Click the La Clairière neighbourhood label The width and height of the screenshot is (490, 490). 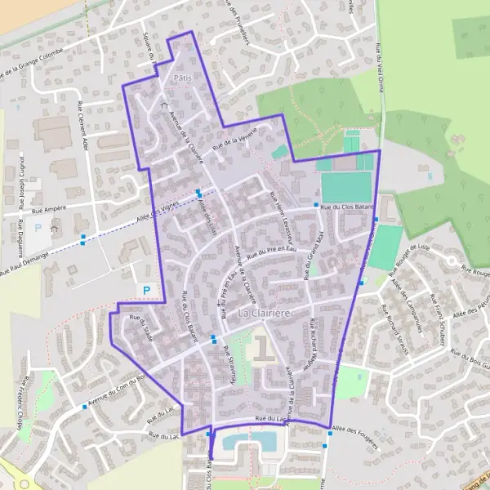pos(265,313)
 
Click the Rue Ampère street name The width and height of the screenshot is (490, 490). pos(48,210)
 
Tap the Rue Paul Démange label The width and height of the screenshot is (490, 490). pos(24,265)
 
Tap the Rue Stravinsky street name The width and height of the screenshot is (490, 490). pos(229,364)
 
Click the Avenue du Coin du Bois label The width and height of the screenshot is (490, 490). pos(116,390)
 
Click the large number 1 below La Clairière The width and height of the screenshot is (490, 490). pos(262,348)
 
